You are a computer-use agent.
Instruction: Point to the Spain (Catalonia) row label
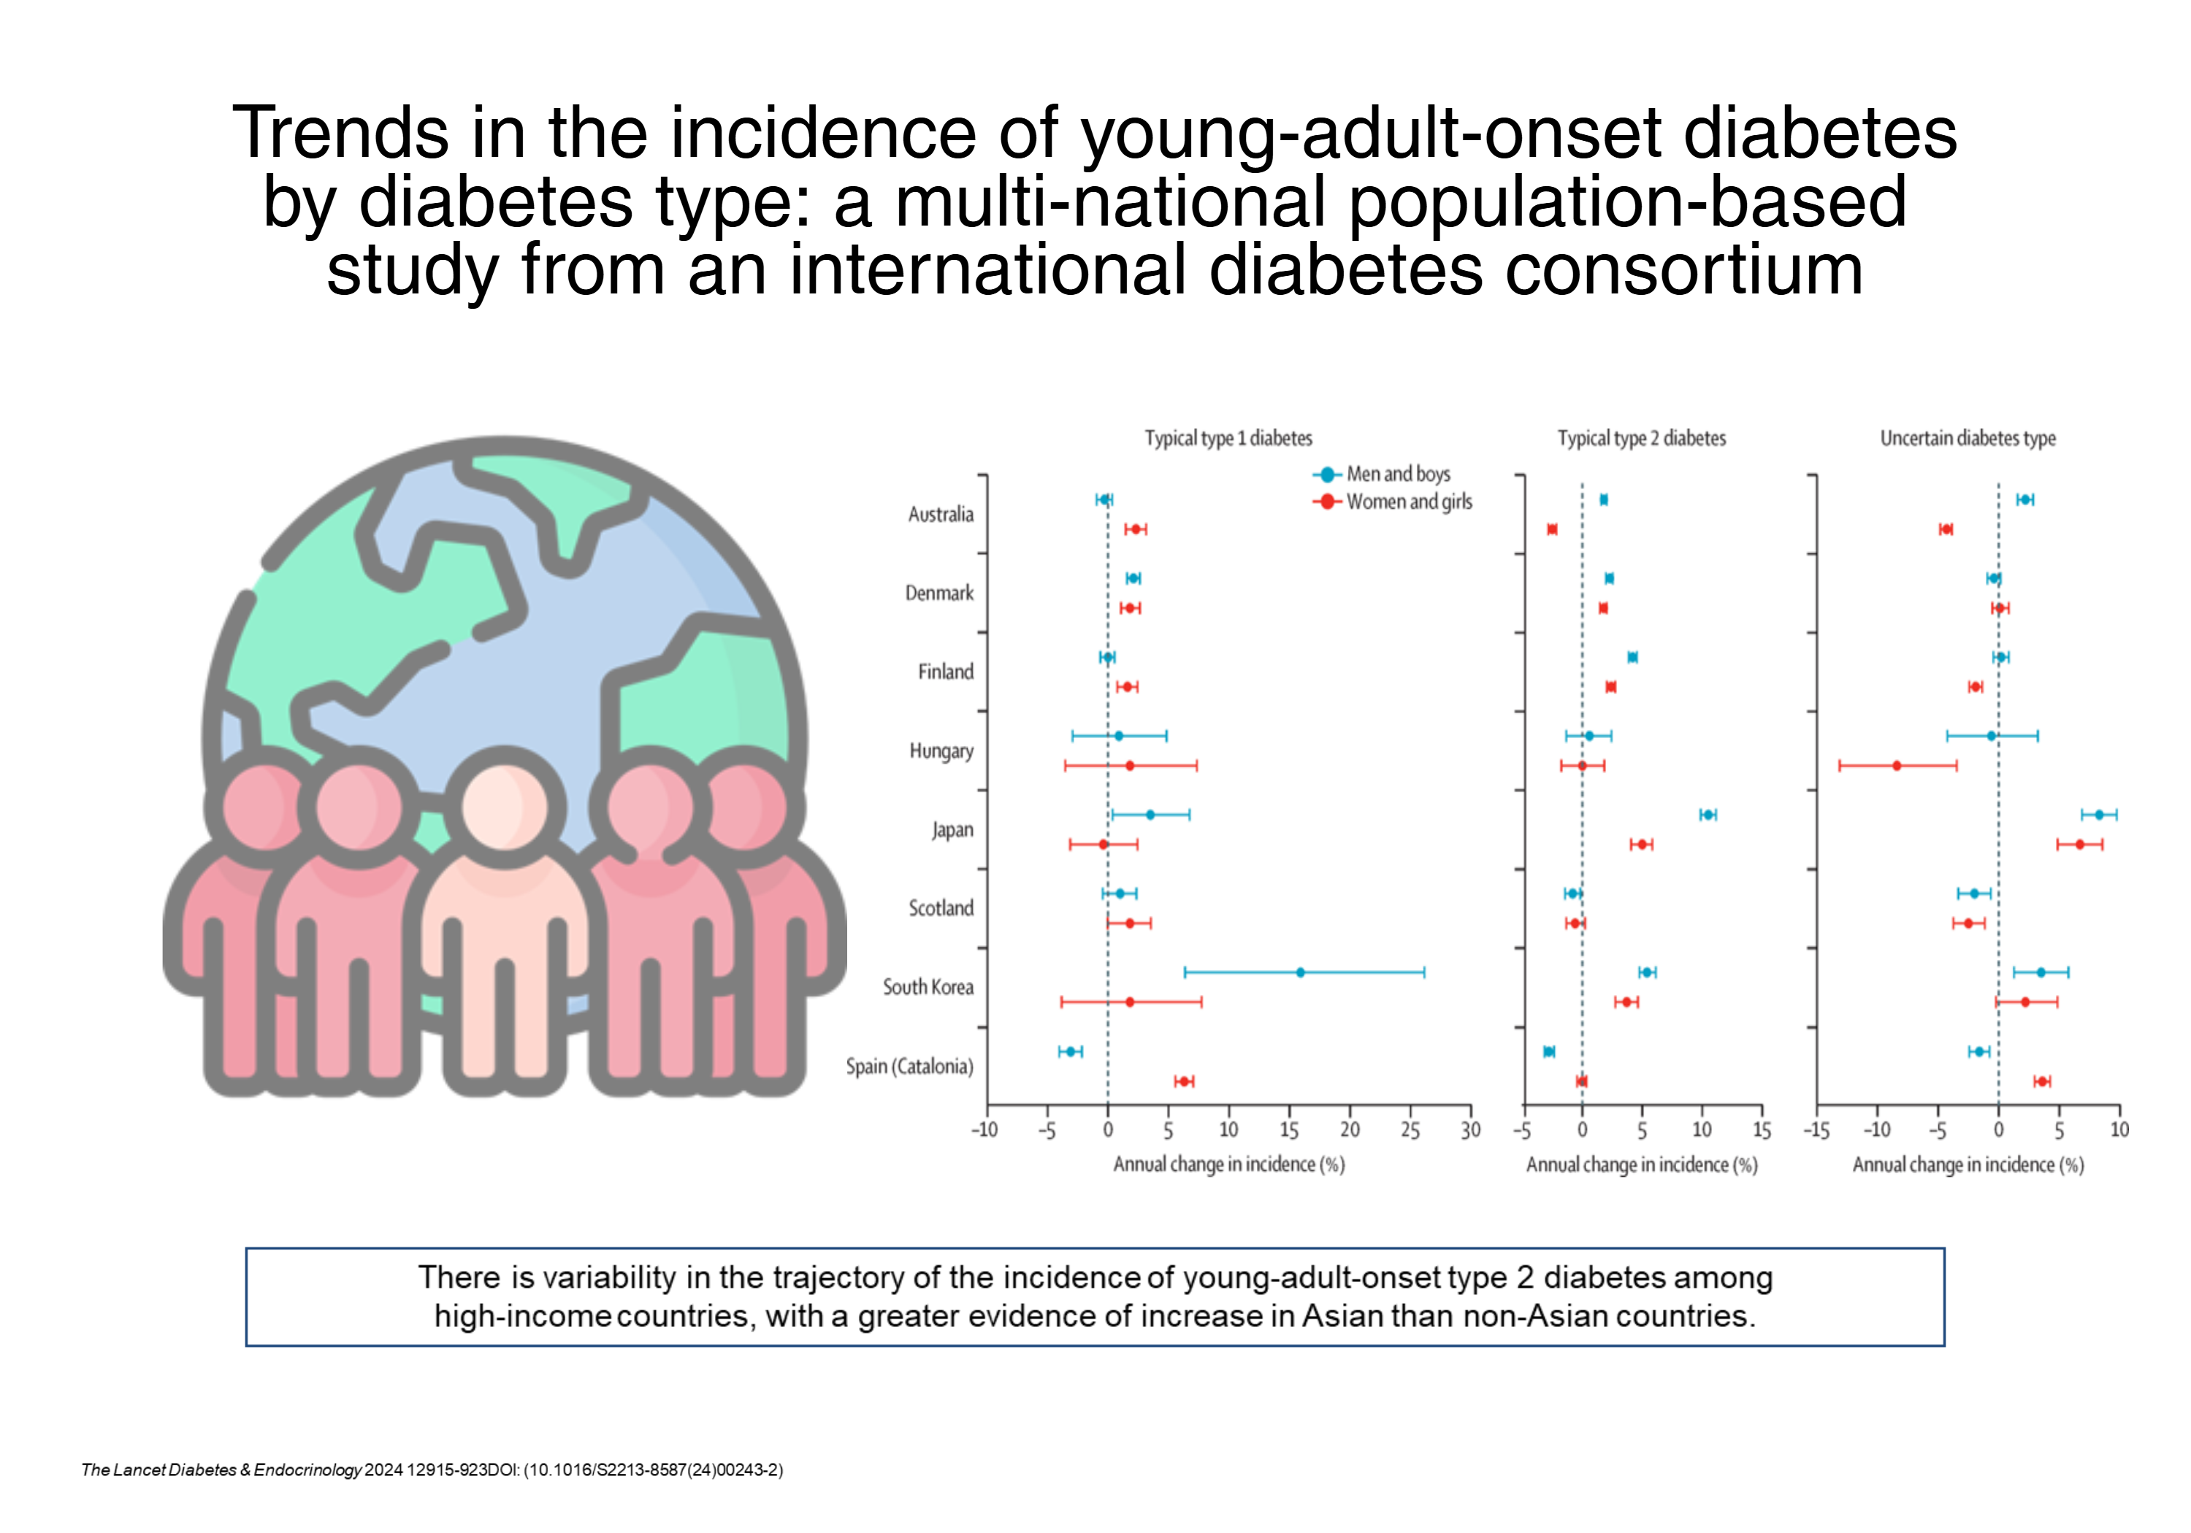909,1066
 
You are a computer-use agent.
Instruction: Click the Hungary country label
941,750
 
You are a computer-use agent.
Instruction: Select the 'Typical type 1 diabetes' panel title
1228,438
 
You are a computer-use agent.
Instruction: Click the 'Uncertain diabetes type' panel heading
1968,438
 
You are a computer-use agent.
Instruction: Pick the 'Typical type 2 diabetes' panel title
1641,438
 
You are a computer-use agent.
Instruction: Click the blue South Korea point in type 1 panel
1300,972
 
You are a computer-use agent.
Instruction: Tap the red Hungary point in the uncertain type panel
1896,765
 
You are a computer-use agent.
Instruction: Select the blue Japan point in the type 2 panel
1708,815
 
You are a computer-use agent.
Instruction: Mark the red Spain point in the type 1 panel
1183,1081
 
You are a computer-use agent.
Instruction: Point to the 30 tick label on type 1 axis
1471,1131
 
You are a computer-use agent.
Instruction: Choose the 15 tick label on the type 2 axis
1762,1131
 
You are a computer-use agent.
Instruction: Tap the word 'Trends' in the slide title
340,133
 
